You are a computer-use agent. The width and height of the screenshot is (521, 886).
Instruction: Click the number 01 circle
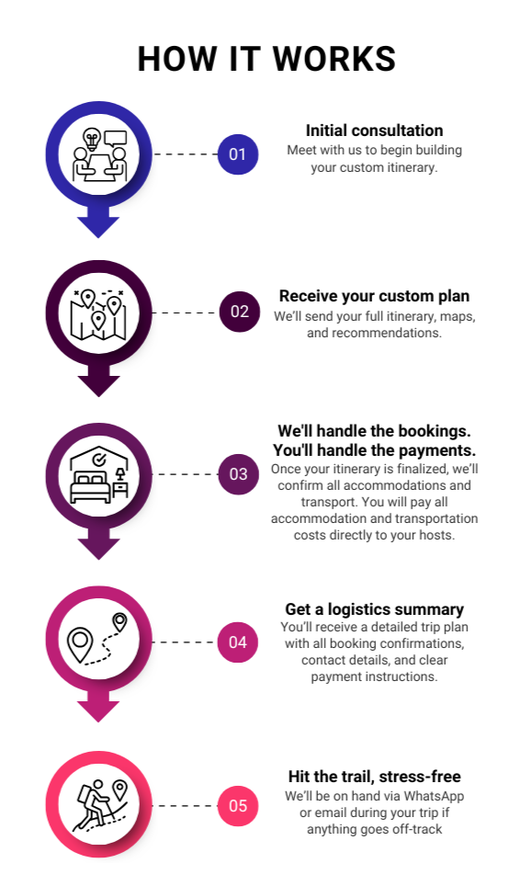click(238, 154)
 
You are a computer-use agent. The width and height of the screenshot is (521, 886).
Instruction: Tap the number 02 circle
click(240, 312)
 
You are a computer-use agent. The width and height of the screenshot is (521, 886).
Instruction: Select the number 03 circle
click(239, 474)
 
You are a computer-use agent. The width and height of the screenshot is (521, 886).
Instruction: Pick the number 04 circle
click(238, 642)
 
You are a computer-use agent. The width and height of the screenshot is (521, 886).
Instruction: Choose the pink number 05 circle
click(238, 806)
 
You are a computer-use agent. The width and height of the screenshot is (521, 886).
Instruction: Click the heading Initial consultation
click(374, 131)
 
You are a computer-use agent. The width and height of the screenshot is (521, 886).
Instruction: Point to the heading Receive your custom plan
click(374, 296)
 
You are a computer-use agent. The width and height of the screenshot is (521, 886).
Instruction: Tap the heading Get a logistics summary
click(374, 609)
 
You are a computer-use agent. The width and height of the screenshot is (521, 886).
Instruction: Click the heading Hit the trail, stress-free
click(374, 777)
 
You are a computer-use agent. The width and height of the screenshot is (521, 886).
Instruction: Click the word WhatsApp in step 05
click(434, 797)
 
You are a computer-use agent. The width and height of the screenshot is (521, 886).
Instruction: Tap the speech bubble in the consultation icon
click(115, 138)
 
